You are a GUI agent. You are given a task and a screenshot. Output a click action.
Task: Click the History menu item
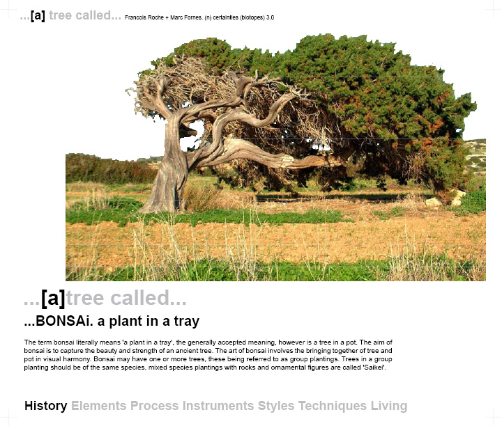[x=46, y=406]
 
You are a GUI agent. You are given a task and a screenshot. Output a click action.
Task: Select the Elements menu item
[x=98, y=406]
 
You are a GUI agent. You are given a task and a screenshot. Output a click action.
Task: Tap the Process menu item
[x=154, y=406]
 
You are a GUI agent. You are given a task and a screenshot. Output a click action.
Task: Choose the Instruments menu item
[x=218, y=406]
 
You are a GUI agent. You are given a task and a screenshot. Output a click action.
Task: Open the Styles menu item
[x=276, y=407]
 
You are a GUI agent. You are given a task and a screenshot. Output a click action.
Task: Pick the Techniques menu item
[x=333, y=407]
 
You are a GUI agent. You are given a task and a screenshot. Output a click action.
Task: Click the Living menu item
[x=389, y=407]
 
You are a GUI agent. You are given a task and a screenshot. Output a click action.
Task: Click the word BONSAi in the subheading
[x=62, y=321]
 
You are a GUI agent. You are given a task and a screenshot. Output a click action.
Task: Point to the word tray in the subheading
[x=187, y=322]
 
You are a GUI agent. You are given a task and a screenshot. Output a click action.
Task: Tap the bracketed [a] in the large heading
[x=53, y=298]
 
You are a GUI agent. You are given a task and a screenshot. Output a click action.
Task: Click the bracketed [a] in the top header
[x=38, y=15]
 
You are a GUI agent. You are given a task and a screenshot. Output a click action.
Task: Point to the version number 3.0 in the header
[x=270, y=17]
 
